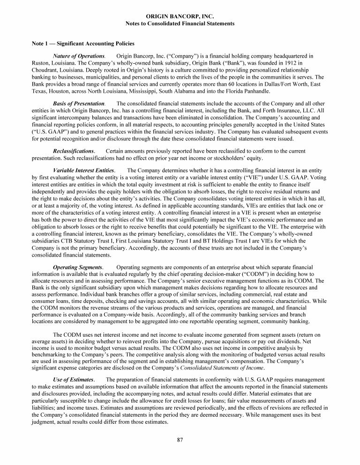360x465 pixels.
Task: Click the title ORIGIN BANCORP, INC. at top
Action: tap(180, 16)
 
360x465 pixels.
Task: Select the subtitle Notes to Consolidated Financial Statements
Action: tap(180, 23)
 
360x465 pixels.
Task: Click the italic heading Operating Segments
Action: tap(78, 267)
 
